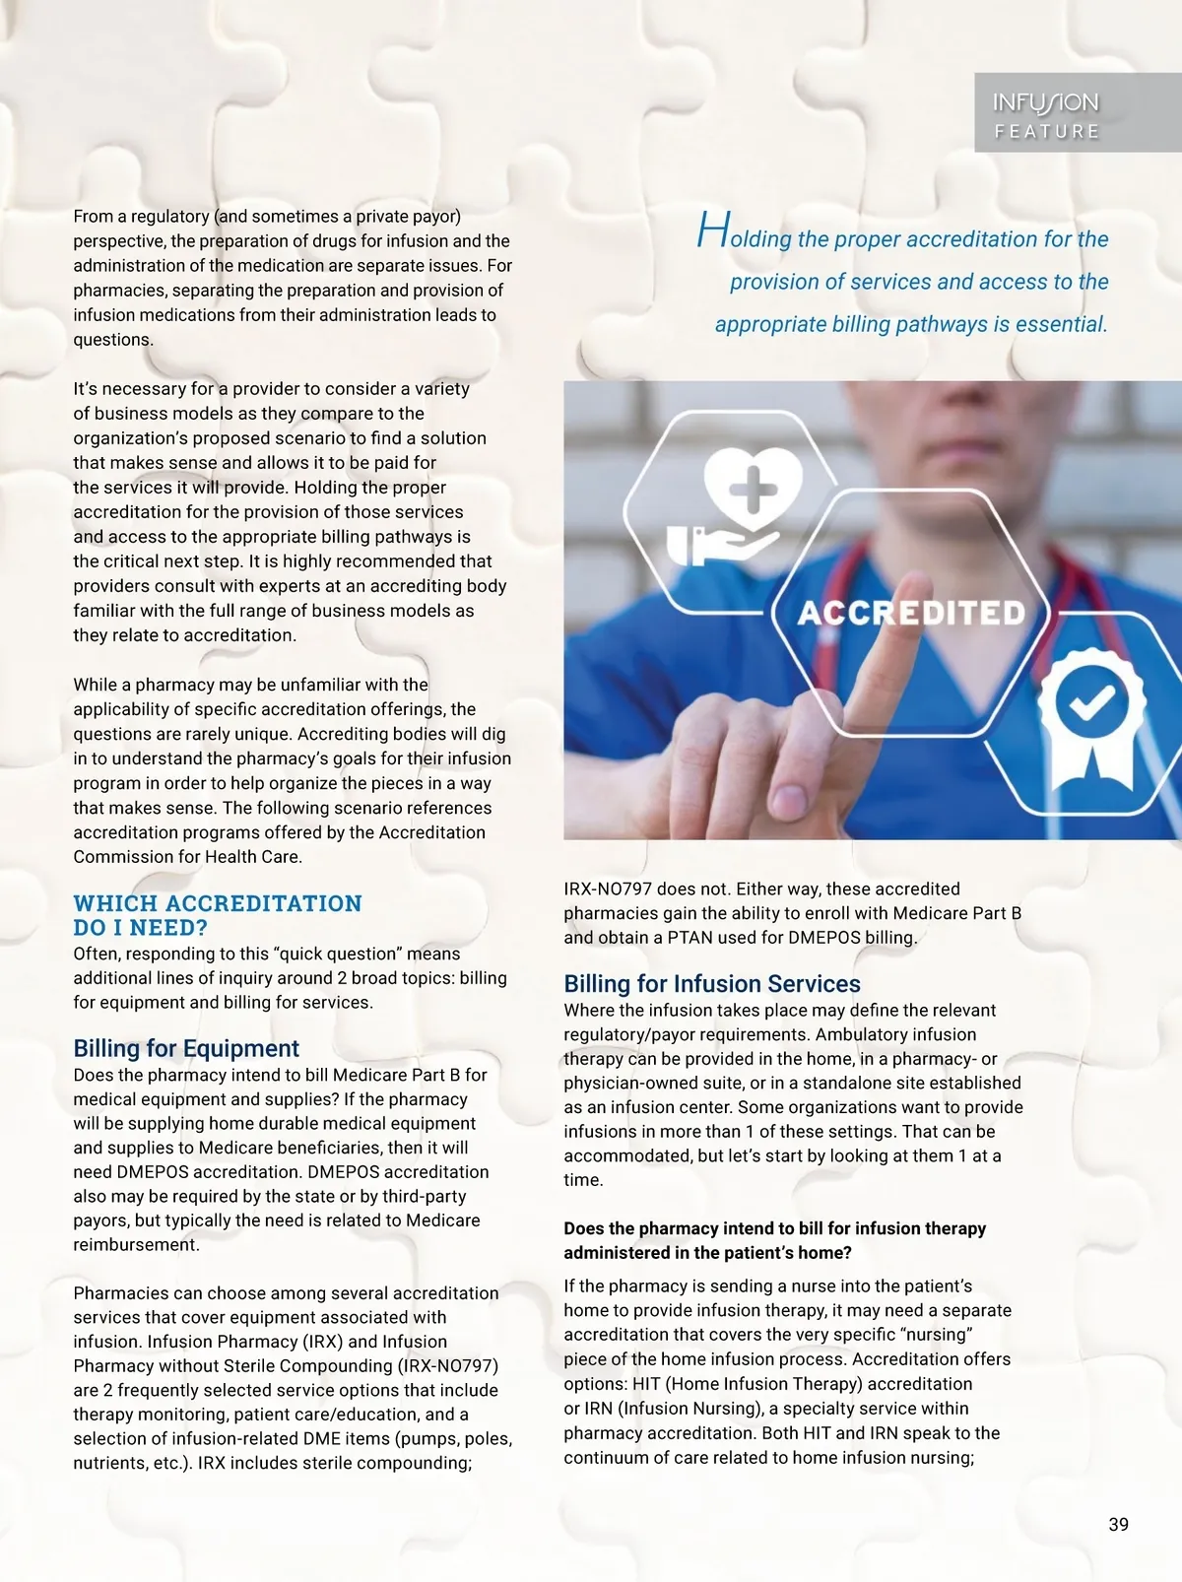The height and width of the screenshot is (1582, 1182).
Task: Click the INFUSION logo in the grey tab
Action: (x=1045, y=102)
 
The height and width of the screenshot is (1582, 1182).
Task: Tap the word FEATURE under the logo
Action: (x=1046, y=132)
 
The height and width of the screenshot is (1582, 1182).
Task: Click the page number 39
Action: (x=1118, y=1524)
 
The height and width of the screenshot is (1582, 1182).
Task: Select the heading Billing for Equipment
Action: (x=186, y=1048)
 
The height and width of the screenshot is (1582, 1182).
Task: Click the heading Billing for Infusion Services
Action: (x=711, y=983)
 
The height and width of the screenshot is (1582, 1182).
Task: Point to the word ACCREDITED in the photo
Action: (x=911, y=613)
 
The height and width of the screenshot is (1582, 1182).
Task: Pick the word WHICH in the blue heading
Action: (x=115, y=903)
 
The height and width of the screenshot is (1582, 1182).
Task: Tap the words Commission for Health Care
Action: (x=187, y=856)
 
